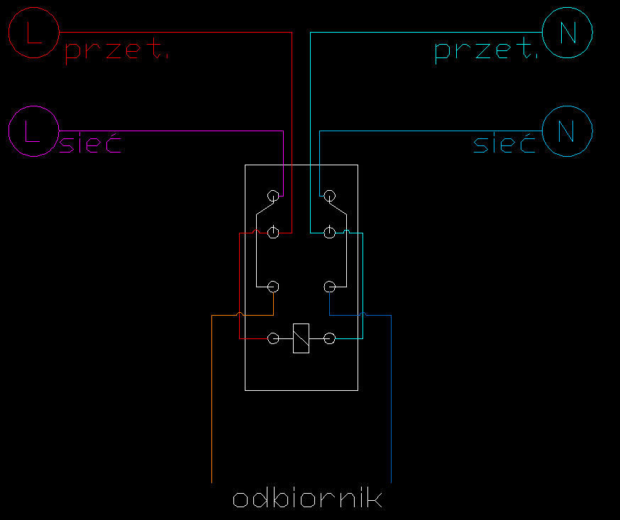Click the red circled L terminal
[34, 33]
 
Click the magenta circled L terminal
[34, 131]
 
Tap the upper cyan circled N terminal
[568, 33]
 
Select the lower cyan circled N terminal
[568, 131]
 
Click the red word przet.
[116, 50]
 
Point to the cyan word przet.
[487, 50]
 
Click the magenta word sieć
[90, 143]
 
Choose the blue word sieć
[504, 143]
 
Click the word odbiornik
[308, 498]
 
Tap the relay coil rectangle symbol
[301, 338]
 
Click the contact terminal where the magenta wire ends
[273, 196]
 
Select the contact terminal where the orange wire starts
[273, 287]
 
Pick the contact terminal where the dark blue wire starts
[329, 287]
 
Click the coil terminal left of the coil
[273, 338]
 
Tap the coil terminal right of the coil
[329, 338]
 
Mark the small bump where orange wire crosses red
[240, 314]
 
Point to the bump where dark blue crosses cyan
[363, 314]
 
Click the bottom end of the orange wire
[212, 483]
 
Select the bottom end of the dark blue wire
[391, 483]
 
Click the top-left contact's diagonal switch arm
[265, 209]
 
